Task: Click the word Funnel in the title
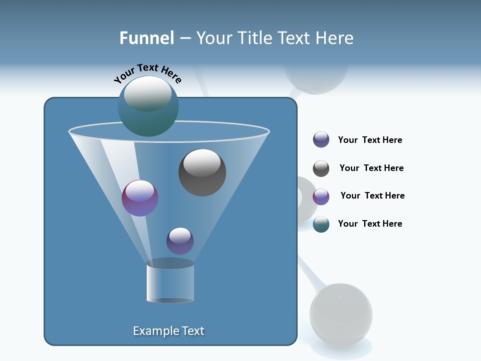tap(146, 38)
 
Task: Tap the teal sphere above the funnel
tap(148, 107)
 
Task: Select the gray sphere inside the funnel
tap(202, 172)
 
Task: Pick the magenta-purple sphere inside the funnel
tap(140, 199)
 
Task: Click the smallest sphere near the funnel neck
tap(180, 241)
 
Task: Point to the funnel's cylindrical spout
tap(170, 282)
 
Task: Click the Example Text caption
tap(169, 331)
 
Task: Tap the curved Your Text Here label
tap(148, 73)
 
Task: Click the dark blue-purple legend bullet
tap(321, 140)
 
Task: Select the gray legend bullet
tap(321, 168)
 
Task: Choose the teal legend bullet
tap(321, 224)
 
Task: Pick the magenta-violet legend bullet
tap(321, 197)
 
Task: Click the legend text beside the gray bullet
tap(371, 168)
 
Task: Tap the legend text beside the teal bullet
tap(370, 224)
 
